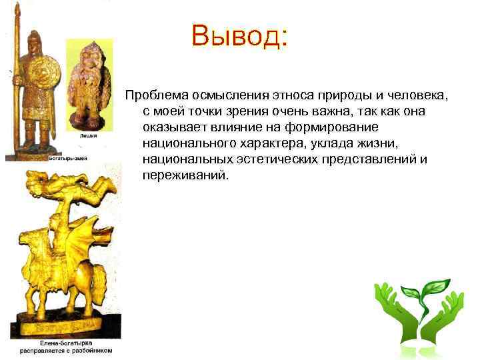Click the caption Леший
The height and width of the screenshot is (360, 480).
point(89,136)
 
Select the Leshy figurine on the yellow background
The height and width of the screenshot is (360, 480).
point(88,83)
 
